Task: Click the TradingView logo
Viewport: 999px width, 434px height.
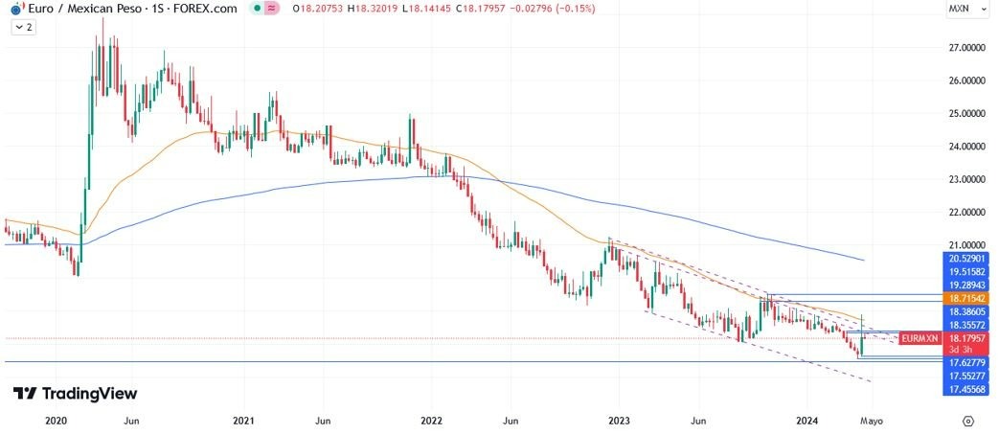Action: [75, 394]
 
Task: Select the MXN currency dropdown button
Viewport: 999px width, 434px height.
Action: [963, 9]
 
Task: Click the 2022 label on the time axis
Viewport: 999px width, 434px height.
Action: [431, 421]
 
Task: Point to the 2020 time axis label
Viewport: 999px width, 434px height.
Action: [57, 421]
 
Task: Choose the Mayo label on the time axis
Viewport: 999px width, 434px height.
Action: [870, 421]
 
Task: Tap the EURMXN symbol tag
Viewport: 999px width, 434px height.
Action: [920, 339]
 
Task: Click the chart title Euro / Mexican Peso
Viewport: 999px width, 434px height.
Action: [76, 9]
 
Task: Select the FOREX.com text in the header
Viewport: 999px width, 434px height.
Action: [202, 9]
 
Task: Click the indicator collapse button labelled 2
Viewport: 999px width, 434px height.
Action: [23, 28]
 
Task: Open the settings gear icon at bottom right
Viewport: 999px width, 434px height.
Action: [968, 421]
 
